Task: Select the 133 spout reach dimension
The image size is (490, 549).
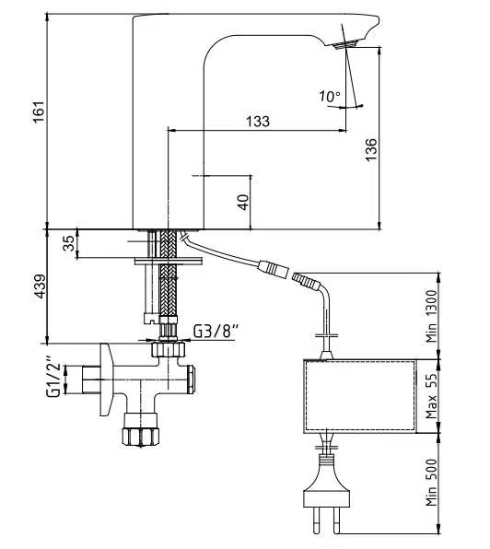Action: [x=257, y=122]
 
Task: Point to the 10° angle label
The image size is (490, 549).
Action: [x=329, y=96]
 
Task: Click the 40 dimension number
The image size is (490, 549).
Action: [x=242, y=200]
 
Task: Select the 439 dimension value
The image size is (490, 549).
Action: [x=38, y=287]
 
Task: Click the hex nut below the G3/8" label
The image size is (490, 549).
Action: [x=167, y=349]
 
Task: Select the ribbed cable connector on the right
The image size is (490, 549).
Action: [x=303, y=277]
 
